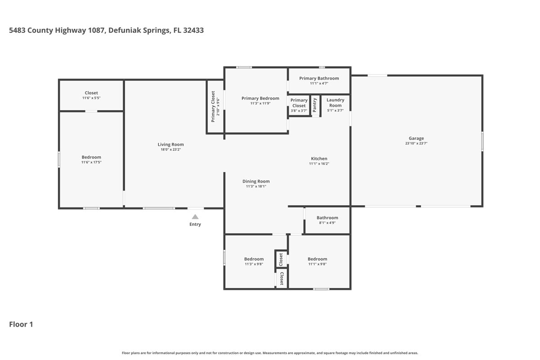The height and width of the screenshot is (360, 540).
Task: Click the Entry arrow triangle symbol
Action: click(195, 216)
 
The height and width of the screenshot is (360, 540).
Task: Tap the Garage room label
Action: click(416, 139)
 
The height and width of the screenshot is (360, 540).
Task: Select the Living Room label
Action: click(171, 144)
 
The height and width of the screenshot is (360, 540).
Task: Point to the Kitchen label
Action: click(319, 158)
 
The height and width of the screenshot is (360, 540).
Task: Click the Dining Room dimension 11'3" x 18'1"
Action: click(256, 186)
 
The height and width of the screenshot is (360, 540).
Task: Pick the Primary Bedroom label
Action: click(260, 98)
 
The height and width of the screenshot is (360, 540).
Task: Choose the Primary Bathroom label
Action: click(319, 78)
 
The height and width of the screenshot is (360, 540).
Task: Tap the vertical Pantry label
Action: click(315, 105)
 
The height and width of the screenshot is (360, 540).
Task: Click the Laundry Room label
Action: click(335, 103)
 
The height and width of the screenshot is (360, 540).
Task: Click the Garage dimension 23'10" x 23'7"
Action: click(416, 144)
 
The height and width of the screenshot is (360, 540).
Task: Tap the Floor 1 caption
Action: click(21, 324)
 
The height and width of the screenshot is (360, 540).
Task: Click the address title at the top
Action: click(106, 31)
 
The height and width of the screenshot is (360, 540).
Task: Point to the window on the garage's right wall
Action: click(482, 141)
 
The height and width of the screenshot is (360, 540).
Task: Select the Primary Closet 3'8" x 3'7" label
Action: click(299, 103)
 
